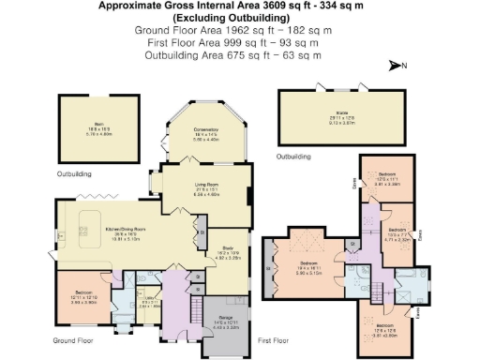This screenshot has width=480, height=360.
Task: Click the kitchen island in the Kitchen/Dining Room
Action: pos(90,231)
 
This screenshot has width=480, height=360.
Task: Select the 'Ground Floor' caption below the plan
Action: pos(73,339)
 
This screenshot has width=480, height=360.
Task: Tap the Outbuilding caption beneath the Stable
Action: pos(293,156)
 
